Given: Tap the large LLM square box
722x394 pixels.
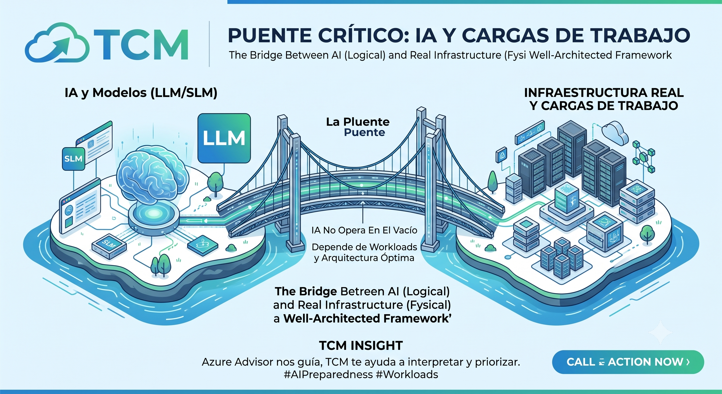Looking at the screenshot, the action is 224,138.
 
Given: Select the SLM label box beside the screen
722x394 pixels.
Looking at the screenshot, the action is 73,159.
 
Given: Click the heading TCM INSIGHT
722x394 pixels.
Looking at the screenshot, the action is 361,346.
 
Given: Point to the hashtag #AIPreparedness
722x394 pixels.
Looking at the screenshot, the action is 328,375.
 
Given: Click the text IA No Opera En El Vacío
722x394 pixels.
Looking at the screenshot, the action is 364,230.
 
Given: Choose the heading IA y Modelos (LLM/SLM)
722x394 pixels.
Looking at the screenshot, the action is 141,93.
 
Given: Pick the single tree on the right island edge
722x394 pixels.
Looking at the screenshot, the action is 648,234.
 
